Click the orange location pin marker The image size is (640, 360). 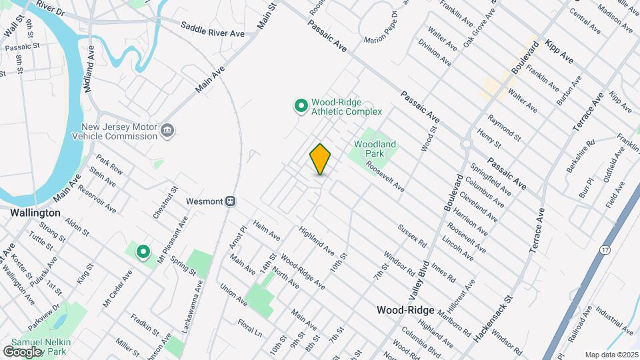click(x=321, y=159)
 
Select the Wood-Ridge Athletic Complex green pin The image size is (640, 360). click(x=301, y=105)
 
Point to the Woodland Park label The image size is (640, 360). click(x=375, y=148)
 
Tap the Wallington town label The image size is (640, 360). click(x=35, y=213)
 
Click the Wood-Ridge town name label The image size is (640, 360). click(x=405, y=310)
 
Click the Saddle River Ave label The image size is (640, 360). click(x=213, y=29)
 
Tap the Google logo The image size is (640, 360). click(x=23, y=351)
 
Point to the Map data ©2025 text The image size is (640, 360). click(x=611, y=355)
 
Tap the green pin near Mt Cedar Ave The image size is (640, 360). click(x=143, y=251)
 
